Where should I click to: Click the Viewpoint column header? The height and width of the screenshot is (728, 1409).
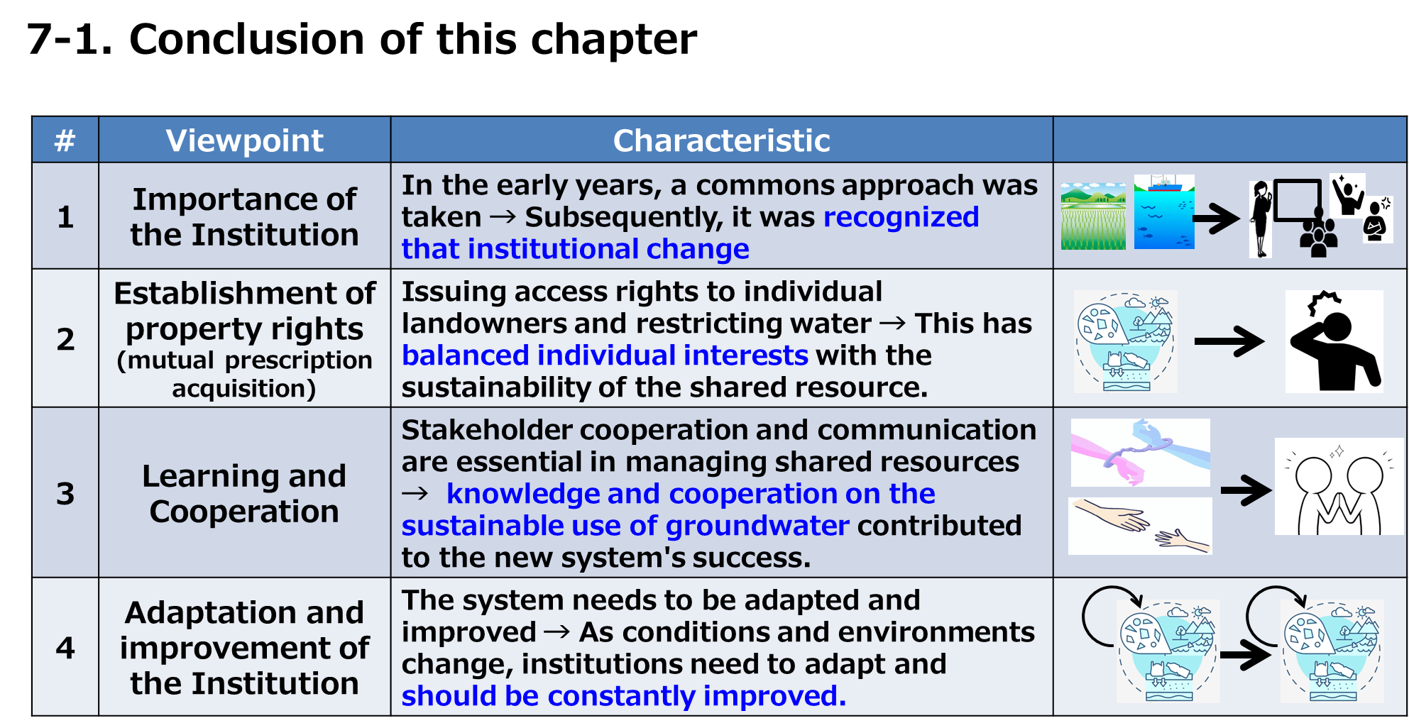[x=244, y=140]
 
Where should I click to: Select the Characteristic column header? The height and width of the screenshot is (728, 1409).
[x=721, y=140]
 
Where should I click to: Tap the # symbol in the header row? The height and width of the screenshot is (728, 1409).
[x=65, y=140]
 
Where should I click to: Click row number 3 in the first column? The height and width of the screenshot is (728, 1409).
[x=65, y=493]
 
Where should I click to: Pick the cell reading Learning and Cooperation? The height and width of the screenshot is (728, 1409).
[x=244, y=493]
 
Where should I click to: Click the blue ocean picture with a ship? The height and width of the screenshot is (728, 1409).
[x=1164, y=211]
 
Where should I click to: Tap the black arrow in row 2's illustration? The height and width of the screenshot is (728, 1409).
[x=1229, y=341]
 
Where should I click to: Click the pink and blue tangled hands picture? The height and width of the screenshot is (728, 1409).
[x=1140, y=452]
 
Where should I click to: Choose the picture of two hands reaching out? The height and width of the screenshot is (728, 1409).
[x=1140, y=526]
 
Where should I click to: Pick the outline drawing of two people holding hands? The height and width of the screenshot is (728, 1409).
[x=1339, y=487]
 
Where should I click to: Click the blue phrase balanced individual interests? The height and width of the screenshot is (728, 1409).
[x=605, y=355]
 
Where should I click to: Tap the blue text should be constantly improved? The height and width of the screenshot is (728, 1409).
[x=624, y=696]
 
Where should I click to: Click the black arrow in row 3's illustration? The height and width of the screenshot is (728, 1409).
[x=1246, y=490]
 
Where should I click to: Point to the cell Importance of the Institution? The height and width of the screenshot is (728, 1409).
[x=244, y=216]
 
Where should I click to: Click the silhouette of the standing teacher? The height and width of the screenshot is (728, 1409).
[x=1261, y=219]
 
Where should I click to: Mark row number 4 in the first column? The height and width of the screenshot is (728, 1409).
[x=65, y=648]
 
